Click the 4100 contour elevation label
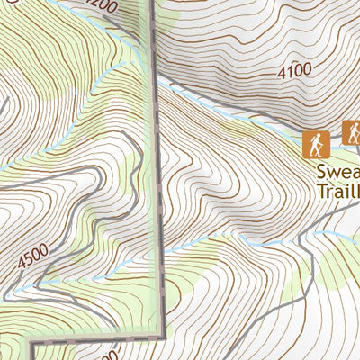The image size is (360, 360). [x=294, y=70]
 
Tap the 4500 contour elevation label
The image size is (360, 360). [x=33, y=259]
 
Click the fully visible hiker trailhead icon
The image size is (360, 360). [x=315, y=142]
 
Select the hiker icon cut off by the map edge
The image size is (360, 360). [x=352, y=134]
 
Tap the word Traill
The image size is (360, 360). [x=337, y=191]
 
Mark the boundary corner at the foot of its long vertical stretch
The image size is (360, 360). [x=165, y=331]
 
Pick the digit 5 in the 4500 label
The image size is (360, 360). [x=31, y=261]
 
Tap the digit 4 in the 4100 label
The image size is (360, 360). [x=282, y=72]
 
